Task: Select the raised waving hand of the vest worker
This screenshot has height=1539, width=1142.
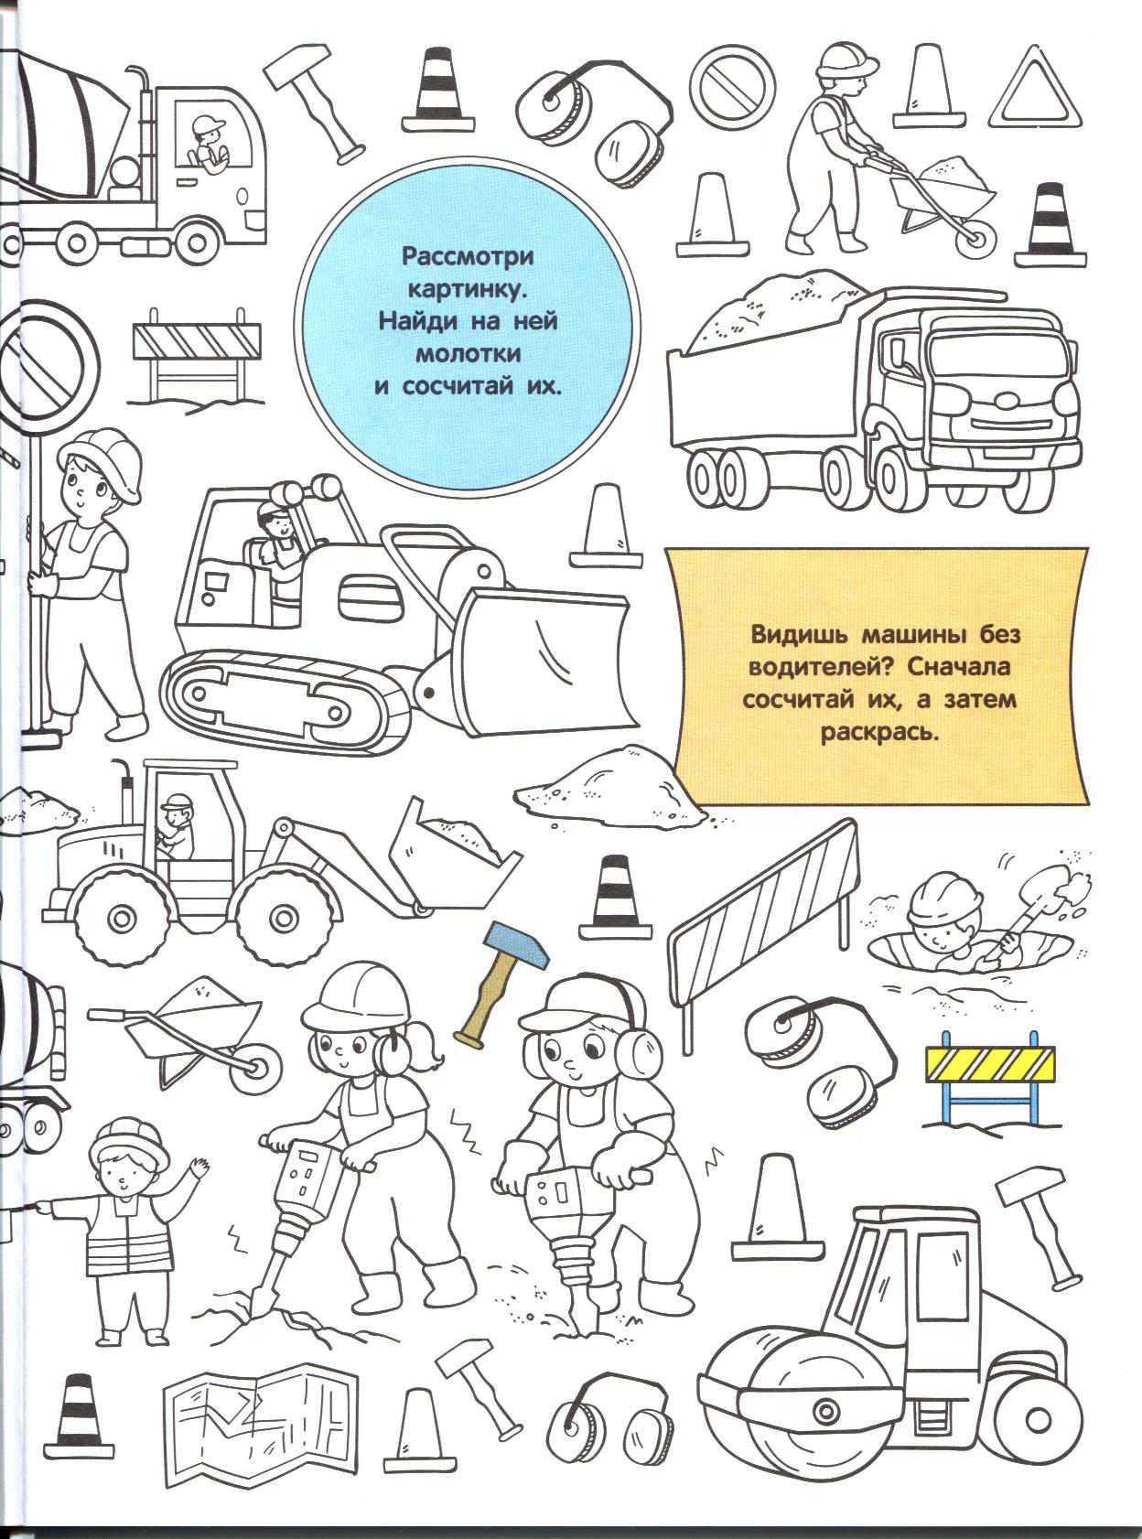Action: point(199,1168)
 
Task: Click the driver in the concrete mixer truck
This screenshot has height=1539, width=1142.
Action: point(208,142)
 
